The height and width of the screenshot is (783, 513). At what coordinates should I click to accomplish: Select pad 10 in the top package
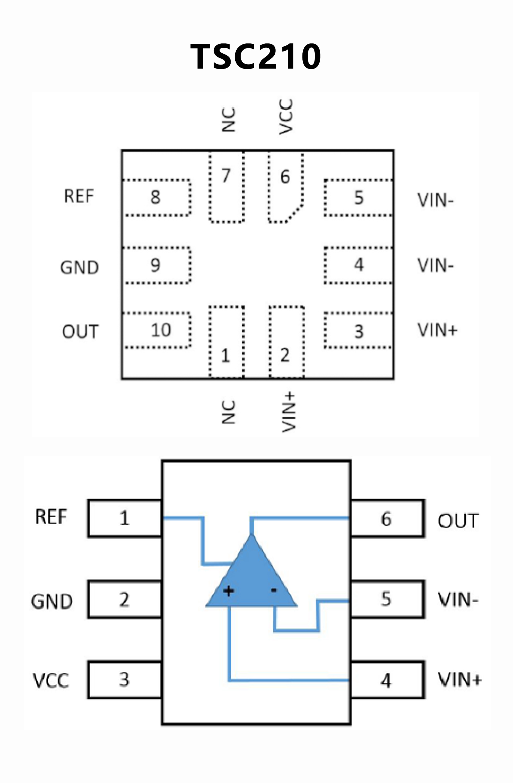click(x=157, y=330)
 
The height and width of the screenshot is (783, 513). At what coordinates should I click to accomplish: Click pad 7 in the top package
click(x=227, y=187)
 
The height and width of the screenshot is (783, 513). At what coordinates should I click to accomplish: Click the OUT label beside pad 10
click(x=80, y=332)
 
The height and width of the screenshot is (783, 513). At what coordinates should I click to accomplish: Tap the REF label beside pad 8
click(x=79, y=196)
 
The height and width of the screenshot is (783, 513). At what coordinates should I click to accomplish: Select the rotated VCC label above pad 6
click(x=286, y=117)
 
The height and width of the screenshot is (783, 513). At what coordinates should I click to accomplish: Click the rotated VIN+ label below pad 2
click(x=288, y=412)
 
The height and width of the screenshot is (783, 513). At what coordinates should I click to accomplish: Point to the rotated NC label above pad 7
click(x=229, y=119)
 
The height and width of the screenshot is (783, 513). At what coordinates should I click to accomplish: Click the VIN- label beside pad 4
click(x=435, y=266)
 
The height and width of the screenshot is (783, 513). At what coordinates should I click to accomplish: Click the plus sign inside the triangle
click(x=229, y=591)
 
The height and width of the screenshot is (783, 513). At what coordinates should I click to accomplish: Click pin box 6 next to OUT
click(x=387, y=519)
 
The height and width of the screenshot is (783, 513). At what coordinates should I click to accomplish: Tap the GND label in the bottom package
click(x=52, y=601)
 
